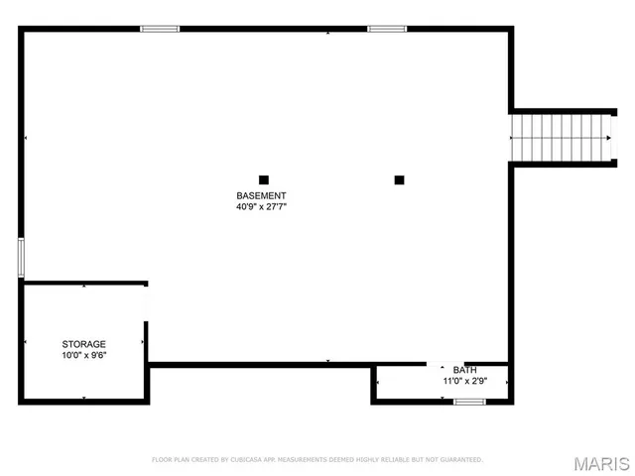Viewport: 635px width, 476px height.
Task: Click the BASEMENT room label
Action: [x=261, y=195]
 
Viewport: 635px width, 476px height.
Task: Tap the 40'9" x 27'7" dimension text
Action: [x=261, y=207]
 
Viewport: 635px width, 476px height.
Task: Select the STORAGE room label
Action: [x=83, y=344]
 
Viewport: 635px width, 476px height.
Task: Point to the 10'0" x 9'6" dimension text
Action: [x=83, y=355]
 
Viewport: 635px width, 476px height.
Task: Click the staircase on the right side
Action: [x=561, y=136]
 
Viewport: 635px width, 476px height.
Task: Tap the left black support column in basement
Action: [x=264, y=179]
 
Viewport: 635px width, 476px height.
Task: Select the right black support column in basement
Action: [x=399, y=179]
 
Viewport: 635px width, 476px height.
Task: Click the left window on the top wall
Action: [x=160, y=29]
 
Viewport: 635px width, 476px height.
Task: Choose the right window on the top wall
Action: [x=387, y=29]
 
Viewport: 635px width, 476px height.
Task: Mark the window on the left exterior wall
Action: [x=21, y=257]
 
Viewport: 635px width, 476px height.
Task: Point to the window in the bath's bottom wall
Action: [x=468, y=402]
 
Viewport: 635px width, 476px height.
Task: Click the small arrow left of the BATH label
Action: [x=443, y=368]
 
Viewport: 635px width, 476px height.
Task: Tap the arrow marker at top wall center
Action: [x=327, y=32]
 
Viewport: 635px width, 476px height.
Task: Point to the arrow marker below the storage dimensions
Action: [x=83, y=398]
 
